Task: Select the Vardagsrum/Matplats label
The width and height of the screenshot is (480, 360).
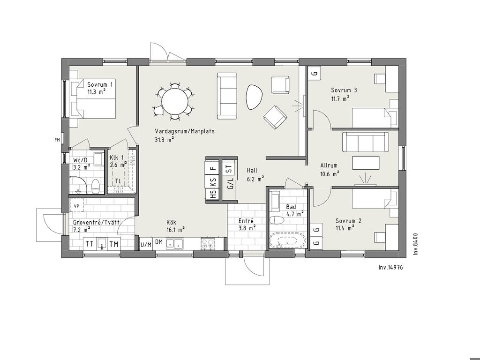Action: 185,131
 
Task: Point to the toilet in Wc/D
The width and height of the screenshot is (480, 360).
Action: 96,187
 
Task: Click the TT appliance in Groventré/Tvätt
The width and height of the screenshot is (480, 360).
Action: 90,244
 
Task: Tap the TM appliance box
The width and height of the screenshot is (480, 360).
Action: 114,244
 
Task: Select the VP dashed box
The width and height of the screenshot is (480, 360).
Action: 76,206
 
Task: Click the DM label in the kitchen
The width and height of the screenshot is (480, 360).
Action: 158,242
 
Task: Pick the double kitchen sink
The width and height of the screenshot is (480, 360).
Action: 174,243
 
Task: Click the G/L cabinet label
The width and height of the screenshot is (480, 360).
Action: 231,184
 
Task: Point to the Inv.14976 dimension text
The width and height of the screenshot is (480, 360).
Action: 390,267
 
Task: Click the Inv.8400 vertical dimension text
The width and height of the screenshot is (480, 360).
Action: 415,244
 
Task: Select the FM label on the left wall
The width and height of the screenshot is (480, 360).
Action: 57,140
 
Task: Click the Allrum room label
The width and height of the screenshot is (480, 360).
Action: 329,165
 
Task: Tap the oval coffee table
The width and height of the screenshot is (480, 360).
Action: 254,97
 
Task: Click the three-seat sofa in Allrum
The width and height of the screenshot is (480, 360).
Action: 365,142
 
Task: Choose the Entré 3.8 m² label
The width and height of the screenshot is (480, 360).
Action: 247,225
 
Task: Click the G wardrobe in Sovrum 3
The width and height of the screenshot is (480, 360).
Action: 314,74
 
